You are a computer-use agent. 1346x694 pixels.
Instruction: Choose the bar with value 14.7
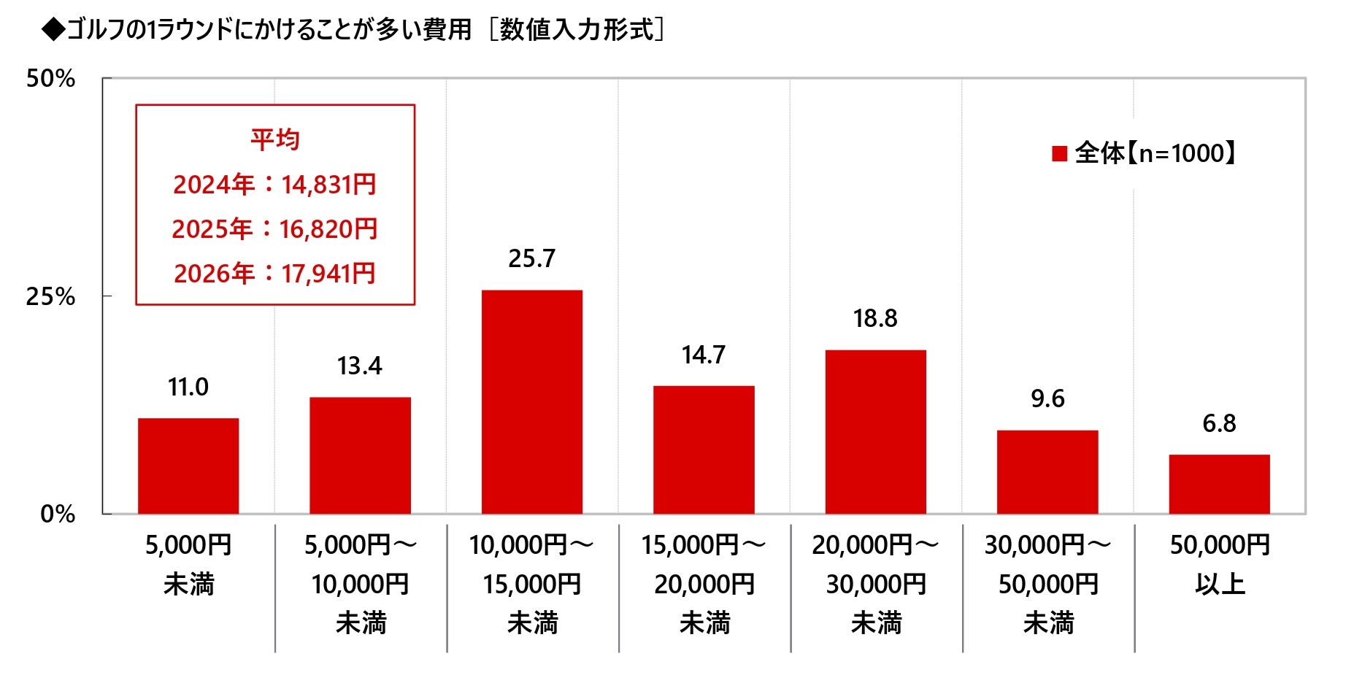(704, 450)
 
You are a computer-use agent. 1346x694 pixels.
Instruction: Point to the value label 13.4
(360, 366)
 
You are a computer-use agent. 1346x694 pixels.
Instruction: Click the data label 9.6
(1047, 398)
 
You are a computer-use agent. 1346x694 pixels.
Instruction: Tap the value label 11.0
(188, 387)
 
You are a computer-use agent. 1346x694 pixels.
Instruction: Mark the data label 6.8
(1219, 423)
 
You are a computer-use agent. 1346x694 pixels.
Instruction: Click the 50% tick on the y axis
(50, 79)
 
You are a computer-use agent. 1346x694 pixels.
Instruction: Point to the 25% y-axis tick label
(50, 296)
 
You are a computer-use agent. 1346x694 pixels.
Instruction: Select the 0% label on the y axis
(58, 514)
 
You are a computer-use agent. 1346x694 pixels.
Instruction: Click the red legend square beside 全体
(1060, 153)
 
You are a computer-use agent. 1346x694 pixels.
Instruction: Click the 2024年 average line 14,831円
(274, 185)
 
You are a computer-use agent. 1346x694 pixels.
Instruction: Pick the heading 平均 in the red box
(275, 139)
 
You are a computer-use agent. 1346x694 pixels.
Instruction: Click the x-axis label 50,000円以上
(1220, 564)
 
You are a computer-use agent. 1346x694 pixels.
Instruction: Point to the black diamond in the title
(53, 29)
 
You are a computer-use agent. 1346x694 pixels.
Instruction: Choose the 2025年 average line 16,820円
(274, 229)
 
